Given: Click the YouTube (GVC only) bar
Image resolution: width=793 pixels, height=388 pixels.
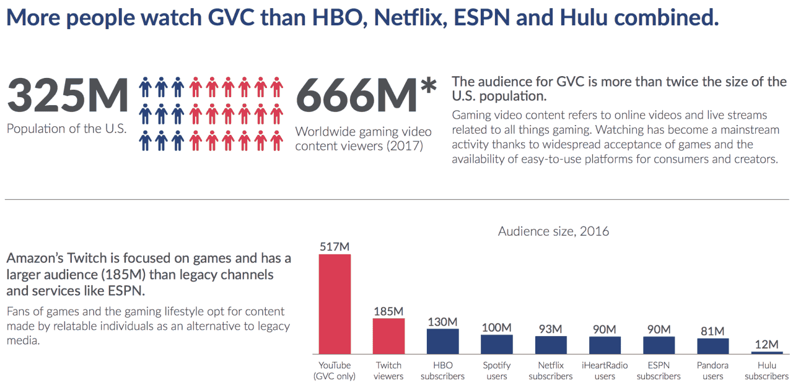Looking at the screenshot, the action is tap(335, 304).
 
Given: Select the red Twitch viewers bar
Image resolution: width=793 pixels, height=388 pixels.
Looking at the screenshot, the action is tap(388, 336).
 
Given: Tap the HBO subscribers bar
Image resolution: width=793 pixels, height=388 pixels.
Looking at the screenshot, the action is tap(442, 342).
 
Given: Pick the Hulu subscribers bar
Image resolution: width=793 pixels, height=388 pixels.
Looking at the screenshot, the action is tap(767, 353).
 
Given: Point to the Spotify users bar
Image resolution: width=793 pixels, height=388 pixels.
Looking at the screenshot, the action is tap(497, 344).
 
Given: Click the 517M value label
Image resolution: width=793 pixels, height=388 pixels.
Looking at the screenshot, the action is tap(335, 246).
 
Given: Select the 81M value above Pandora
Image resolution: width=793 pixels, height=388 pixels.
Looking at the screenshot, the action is tap(712, 331).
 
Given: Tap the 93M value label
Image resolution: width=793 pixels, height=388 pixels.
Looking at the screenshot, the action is tap(551, 329).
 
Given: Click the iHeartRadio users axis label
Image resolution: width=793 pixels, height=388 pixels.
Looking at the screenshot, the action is tap(605, 370).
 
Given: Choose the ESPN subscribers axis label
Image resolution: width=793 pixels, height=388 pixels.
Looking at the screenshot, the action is tap(659, 370).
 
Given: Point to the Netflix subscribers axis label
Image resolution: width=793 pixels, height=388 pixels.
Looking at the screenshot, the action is tap(551, 370).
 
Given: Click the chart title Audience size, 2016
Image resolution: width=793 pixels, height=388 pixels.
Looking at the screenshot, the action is tap(553, 231).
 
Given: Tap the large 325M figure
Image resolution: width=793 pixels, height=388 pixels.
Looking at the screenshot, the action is tap(68, 95).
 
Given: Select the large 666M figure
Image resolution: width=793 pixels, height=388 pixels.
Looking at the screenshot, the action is tap(356, 95).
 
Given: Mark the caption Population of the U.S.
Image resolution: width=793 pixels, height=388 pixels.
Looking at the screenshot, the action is tap(66, 128).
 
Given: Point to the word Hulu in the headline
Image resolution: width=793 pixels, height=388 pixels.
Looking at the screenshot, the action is tap(584, 17).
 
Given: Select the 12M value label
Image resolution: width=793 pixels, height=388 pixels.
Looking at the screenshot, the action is tap(767, 344).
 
